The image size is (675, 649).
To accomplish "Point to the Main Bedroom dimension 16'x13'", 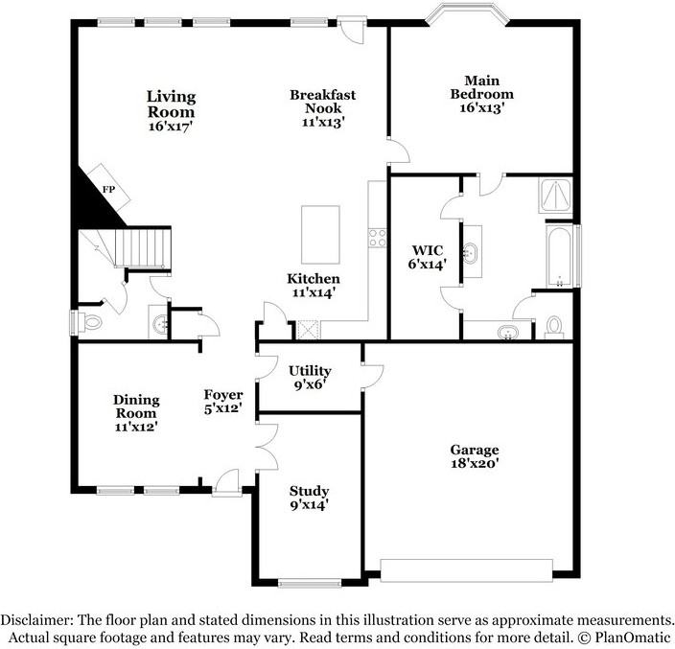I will tap(481, 108).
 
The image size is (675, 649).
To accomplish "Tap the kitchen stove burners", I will tap(378, 235).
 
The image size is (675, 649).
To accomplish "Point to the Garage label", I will tap(475, 450).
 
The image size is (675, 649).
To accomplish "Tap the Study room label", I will tap(310, 491).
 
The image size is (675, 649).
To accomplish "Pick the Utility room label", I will tap(310, 371).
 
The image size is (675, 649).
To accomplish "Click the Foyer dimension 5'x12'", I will tap(222, 407).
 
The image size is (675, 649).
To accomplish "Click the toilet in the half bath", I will tap(91, 322).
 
